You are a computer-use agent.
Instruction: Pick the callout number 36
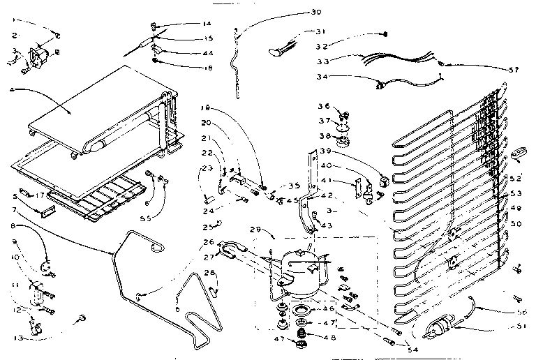point(324,106)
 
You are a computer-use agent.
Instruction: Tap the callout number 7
point(14,209)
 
